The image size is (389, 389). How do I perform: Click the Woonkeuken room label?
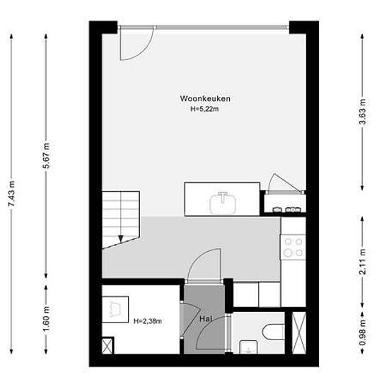[x=205, y=98]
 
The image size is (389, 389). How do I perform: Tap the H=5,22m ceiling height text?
[x=204, y=109]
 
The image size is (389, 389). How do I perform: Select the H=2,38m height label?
[x=148, y=321]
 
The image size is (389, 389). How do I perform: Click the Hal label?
[x=206, y=319]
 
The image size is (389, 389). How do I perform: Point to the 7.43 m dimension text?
[x=11, y=194]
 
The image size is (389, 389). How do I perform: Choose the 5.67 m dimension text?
[x=46, y=156]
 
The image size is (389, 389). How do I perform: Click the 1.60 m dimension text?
[x=46, y=318]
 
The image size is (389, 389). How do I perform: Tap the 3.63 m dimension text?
[x=363, y=112]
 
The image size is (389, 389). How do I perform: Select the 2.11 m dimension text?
[x=363, y=262]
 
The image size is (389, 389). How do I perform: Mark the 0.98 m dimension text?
[x=363, y=332]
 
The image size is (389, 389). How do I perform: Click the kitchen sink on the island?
[x=223, y=203]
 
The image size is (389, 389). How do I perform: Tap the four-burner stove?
[x=293, y=247]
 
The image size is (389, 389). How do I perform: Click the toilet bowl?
[x=274, y=332]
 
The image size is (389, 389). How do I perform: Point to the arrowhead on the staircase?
[x=120, y=238]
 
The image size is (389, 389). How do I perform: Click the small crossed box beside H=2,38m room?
[x=108, y=346]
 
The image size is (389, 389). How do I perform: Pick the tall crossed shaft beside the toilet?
[x=299, y=332]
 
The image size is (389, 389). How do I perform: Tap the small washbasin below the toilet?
[x=248, y=347]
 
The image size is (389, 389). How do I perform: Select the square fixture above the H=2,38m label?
[x=115, y=309]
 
